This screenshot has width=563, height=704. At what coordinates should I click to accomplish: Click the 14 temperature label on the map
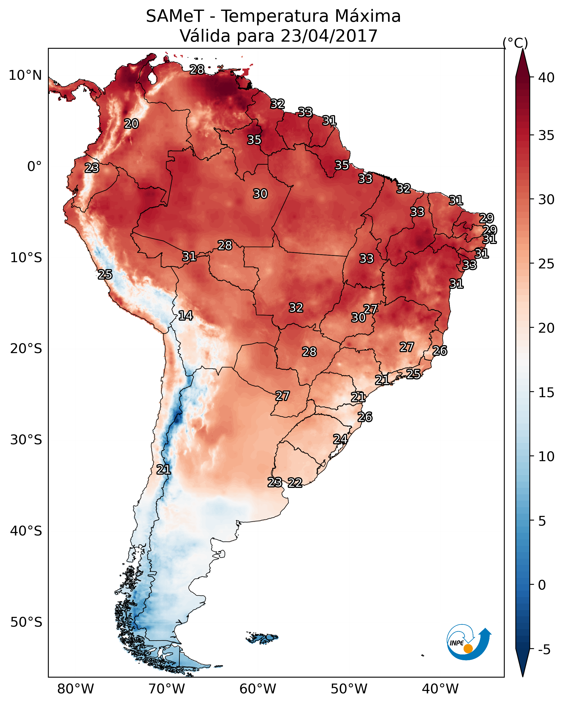[x=185, y=316]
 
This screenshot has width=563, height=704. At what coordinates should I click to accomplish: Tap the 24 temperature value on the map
[x=340, y=439]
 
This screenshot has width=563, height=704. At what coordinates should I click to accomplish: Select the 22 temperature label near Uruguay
[x=295, y=482]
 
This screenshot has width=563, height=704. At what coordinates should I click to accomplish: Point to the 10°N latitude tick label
[x=25, y=75]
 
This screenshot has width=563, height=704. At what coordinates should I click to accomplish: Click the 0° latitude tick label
[x=34, y=167]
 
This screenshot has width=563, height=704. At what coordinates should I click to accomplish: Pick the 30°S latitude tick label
[x=26, y=440]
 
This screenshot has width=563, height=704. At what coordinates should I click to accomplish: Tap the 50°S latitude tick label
[x=26, y=622]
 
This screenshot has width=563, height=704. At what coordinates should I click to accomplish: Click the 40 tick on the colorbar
[x=546, y=78]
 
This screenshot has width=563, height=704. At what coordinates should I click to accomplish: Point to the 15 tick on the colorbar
[x=546, y=393]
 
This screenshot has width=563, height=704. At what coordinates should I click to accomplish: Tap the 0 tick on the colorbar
[x=542, y=585]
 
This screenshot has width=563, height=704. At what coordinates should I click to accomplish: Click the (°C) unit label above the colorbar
[x=515, y=43]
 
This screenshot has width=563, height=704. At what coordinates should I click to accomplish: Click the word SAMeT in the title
[x=175, y=16]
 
